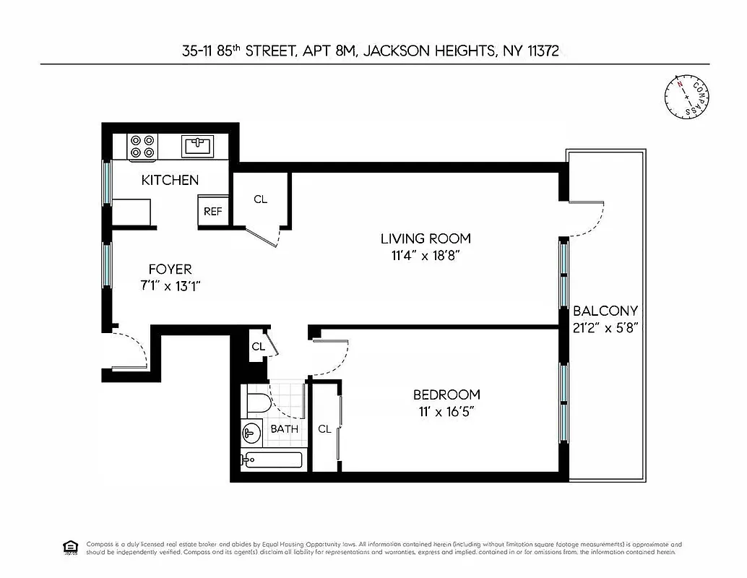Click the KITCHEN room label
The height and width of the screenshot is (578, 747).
tap(170, 180)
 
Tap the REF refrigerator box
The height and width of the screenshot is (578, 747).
tap(212, 212)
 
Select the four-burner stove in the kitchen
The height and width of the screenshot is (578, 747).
tap(142, 147)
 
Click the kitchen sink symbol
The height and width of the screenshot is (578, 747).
tap(197, 146)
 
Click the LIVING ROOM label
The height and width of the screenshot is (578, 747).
tap(426, 238)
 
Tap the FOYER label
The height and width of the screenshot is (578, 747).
tap(170, 269)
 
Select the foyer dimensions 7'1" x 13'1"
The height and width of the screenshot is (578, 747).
tap(170, 285)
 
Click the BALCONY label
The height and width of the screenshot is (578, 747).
tap(605, 311)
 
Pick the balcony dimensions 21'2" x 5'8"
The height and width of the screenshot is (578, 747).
tap(605, 327)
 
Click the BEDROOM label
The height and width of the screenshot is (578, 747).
tap(446, 394)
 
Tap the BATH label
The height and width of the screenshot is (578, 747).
tap(284, 429)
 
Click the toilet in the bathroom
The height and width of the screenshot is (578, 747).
tap(257, 401)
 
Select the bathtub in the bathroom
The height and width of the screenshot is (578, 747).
tap(272, 459)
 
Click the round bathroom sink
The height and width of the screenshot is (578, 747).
tap(251, 433)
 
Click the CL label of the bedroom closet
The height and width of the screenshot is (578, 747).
tap(324, 429)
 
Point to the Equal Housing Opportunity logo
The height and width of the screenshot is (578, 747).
tap(70, 547)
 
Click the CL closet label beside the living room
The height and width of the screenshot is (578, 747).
tap(261, 199)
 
